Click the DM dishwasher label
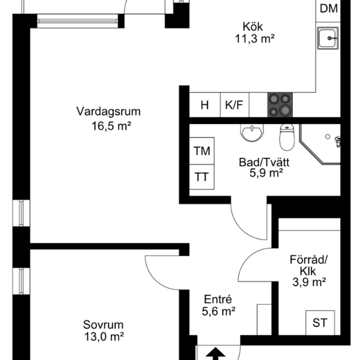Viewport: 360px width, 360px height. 329,9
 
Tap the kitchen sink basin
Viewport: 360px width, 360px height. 328,38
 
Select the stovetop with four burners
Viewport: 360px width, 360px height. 280,105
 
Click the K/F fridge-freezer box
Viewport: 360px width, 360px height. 235,105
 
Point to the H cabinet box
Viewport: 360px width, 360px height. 205,105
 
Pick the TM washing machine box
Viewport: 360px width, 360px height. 202,151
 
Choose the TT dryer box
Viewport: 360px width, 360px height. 202,177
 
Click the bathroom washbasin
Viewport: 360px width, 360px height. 252,133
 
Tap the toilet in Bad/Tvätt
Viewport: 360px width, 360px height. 287,137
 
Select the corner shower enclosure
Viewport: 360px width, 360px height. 320,144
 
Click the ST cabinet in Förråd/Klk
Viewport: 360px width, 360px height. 320,323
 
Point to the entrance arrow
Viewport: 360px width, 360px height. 215,354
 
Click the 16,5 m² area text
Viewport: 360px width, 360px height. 112,126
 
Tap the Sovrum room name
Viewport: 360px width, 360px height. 103,325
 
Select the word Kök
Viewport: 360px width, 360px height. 253,26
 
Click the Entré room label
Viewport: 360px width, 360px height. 218,299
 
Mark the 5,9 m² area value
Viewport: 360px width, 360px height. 266,173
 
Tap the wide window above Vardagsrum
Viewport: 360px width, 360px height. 77,21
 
